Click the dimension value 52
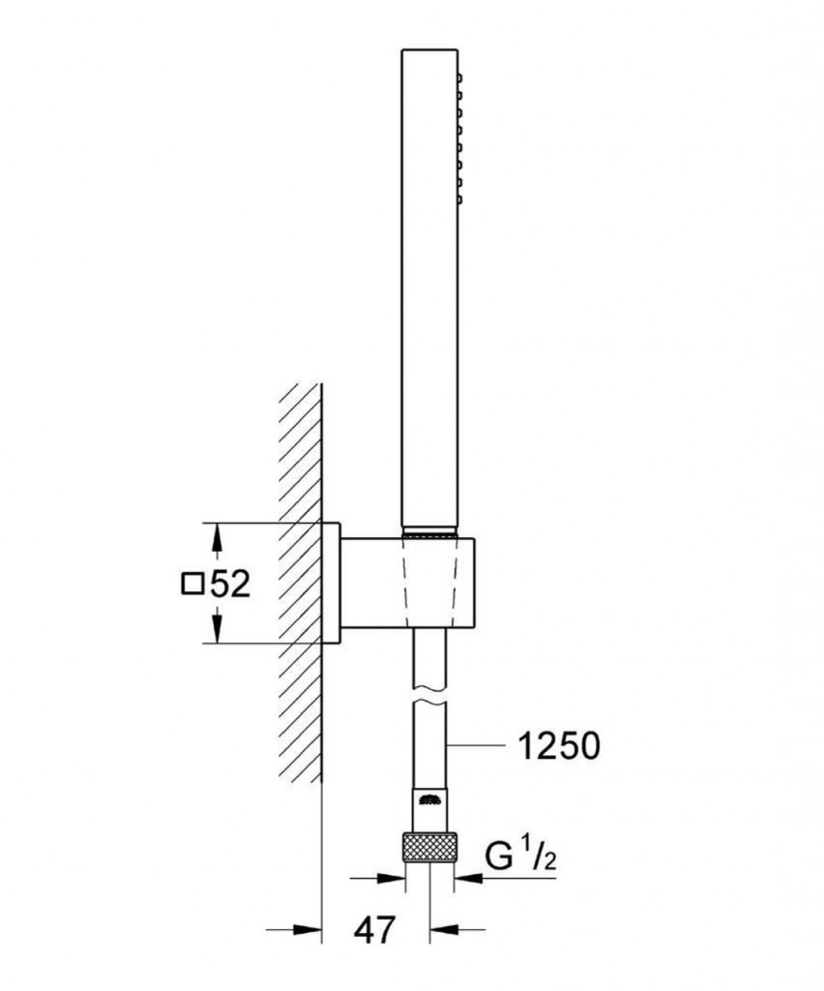[229, 585]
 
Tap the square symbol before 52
[191, 584]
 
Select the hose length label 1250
[558, 745]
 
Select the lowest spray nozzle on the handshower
[460, 199]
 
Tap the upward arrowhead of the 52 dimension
[216, 535]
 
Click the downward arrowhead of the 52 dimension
[216, 632]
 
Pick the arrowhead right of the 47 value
[443, 931]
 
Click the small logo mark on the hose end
[429, 798]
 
